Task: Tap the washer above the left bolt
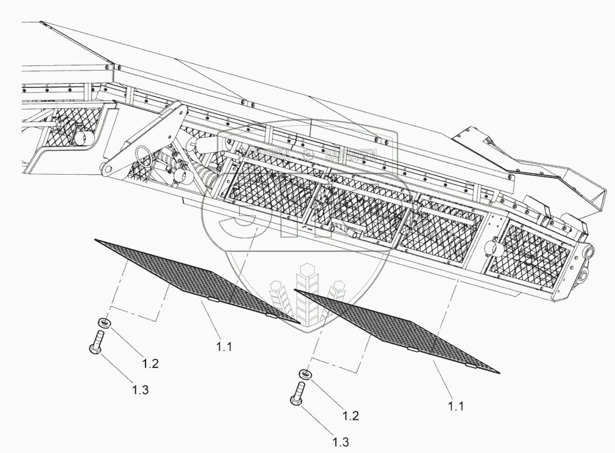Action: (x=104, y=323)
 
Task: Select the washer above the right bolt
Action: (x=306, y=375)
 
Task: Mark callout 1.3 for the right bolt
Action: (x=340, y=441)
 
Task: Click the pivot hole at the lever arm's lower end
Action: (x=105, y=171)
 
